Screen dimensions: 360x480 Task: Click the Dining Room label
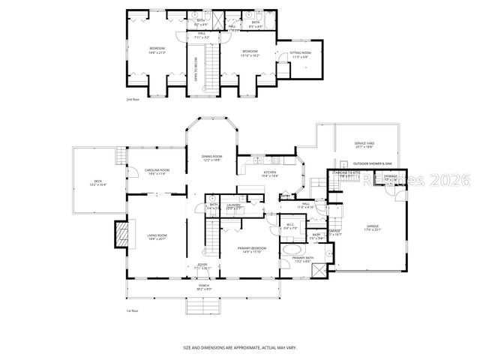pyautogui.click(x=211, y=157)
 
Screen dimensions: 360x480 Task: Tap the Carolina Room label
pyautogui.click(x=157, y=172)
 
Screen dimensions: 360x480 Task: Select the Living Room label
pyautogui.click(x=156, y=237)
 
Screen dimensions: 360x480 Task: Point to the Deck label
pyautogui.click(x=98, y=182)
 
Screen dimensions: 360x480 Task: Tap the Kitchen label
pyautogui.click(x=270, y=173)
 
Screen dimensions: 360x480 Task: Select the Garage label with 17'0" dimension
pyautogui.click(x=373, y=227)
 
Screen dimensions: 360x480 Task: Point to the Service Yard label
pyautogui.click(x=364, y=145)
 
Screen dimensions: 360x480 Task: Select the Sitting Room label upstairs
pyautogui.click(x=300, y=54)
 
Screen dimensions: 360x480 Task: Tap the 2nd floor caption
pyautogui.click(x=132, y=99)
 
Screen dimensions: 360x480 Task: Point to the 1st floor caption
pyautogui.click(x=132, y=310)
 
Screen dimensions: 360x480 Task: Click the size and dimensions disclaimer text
pyautogui.click(x=240, y=348)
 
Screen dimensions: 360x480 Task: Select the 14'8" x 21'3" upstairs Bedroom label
pyautogui.click(x=157, y=51)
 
